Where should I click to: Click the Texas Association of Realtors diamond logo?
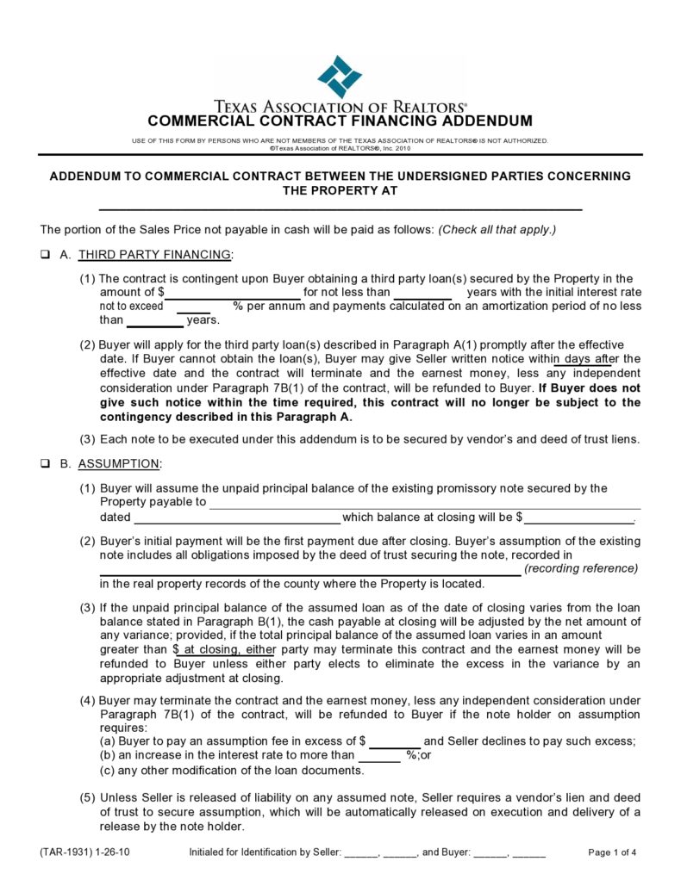pos(339,76)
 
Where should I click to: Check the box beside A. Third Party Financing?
pos(44,255)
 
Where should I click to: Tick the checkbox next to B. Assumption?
pos(44,464)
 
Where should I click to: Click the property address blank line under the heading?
pos(340,208)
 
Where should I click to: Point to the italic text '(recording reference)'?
pos(581,568)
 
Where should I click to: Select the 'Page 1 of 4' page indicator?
pos(612,852)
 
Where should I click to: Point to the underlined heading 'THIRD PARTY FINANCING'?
pos(154,255)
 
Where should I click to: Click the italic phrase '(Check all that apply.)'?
pos(497,229)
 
